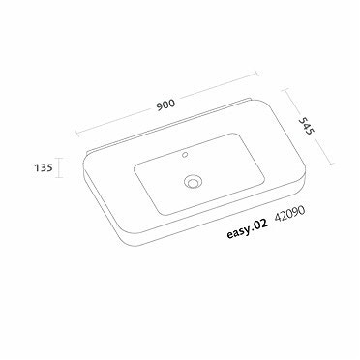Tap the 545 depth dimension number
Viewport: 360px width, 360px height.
coord(304,128)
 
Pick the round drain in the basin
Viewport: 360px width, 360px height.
coord(195,180)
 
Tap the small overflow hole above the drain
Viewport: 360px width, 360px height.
coord(184,154)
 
